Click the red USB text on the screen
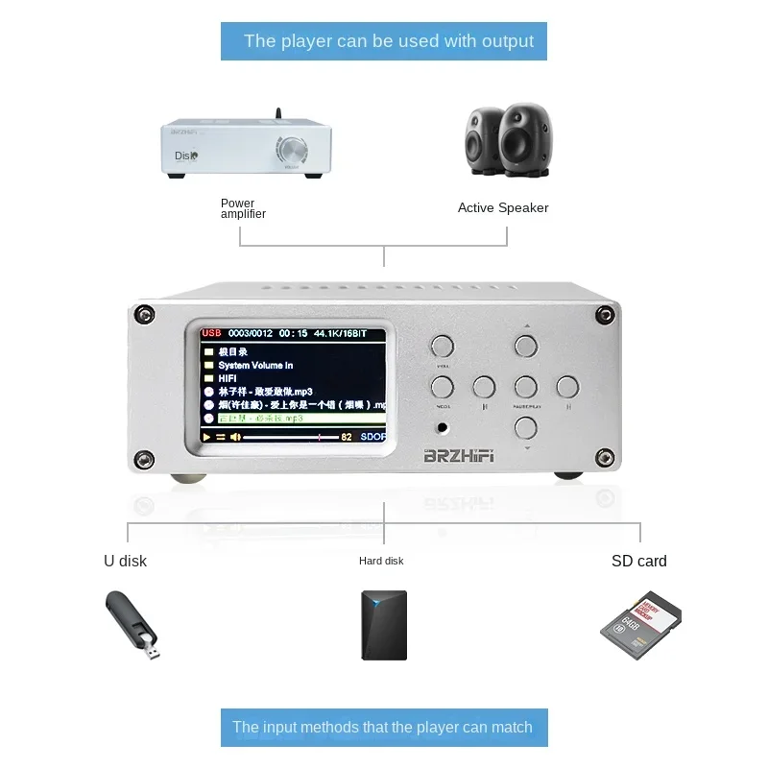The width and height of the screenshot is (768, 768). click(x=211, y=333)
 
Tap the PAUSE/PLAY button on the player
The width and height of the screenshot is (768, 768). click(x=525, y=387)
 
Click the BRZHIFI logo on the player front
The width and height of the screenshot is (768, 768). click(x=458, y=457)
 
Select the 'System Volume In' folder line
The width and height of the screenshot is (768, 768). click(x=254, y=365)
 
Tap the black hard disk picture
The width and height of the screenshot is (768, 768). click(x=384, y=624)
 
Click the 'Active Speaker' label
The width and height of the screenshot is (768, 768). click(x=503, y=207)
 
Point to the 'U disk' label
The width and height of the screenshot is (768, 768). click(x=126, y=561)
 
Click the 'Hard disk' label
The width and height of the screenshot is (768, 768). click(x=381, y=561)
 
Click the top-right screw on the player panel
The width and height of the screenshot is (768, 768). click(x=605, y=315)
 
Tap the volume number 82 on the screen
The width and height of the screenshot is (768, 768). click(x=347, y=437)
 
